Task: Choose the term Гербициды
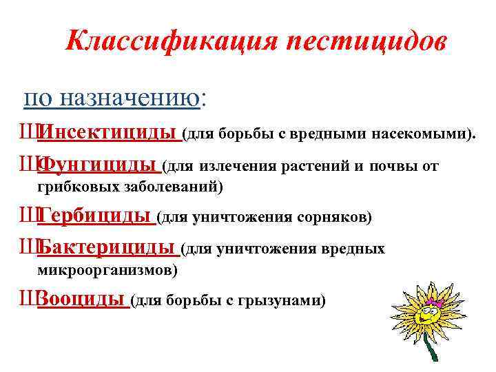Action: click(x=95, y=218)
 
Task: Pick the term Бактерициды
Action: click(x=107, y=248)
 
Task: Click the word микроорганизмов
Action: click(x=107, y=270)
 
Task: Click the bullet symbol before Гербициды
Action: click(x=28, y=218)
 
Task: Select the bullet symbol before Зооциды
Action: click(x=28, y=300)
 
